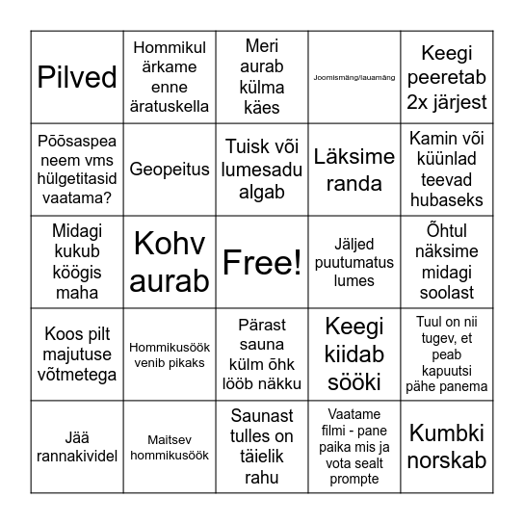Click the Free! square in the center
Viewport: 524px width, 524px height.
coord(262,262)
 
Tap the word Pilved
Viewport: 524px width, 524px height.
coord(77,77)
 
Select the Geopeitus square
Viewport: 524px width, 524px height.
coord(170,170)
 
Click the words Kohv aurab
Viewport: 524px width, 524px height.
coord(170,262)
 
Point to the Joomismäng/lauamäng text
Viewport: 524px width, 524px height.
coord(354,77)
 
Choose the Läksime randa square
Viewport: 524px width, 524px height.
coord(354,170)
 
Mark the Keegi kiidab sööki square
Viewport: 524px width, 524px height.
coord(354,354)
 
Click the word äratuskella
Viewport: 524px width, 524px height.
coord(170,107)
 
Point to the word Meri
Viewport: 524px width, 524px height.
coord(262,46)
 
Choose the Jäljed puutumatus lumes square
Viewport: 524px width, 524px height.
coord(354,262)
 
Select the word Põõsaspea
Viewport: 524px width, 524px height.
coord(77,139)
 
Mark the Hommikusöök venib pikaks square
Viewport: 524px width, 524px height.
coord(170,354)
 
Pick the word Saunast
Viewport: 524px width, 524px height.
coord(262,416)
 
